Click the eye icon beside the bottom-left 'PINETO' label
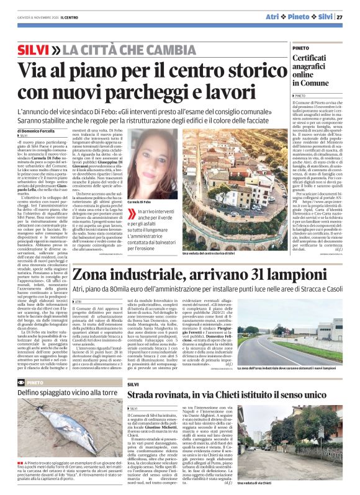tap(22, 383)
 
